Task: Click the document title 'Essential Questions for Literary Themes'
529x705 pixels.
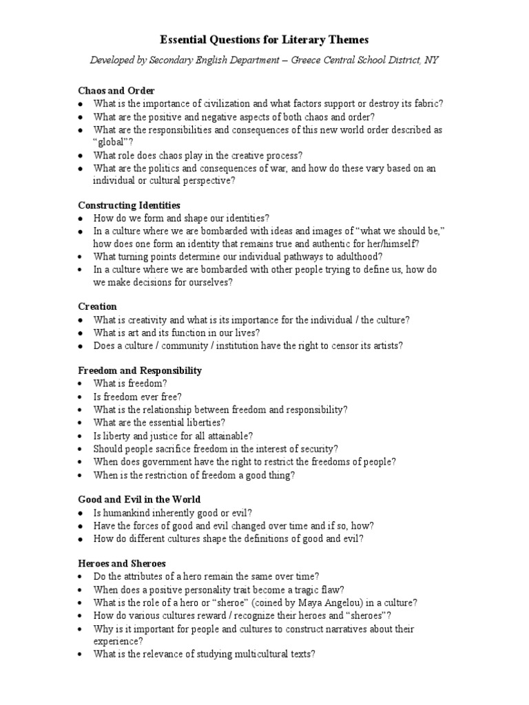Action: tap(264, 41)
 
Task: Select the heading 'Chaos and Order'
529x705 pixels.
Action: tap(116, 91)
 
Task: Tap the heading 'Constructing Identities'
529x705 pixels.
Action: tap(129, 205)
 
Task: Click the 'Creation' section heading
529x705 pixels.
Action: tap(98, 306)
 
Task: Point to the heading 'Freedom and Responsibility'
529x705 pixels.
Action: tap(140, 370)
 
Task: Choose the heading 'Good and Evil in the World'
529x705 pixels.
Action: tap(140, 499)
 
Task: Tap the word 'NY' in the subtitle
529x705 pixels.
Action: tap(431, 61)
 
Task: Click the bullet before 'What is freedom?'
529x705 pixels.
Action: tap(81, 383)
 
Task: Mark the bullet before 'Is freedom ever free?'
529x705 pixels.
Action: tap(81, 397)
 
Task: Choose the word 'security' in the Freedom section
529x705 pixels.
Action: tap(315, 448)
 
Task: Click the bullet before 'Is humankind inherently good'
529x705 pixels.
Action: tap(81, 513)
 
